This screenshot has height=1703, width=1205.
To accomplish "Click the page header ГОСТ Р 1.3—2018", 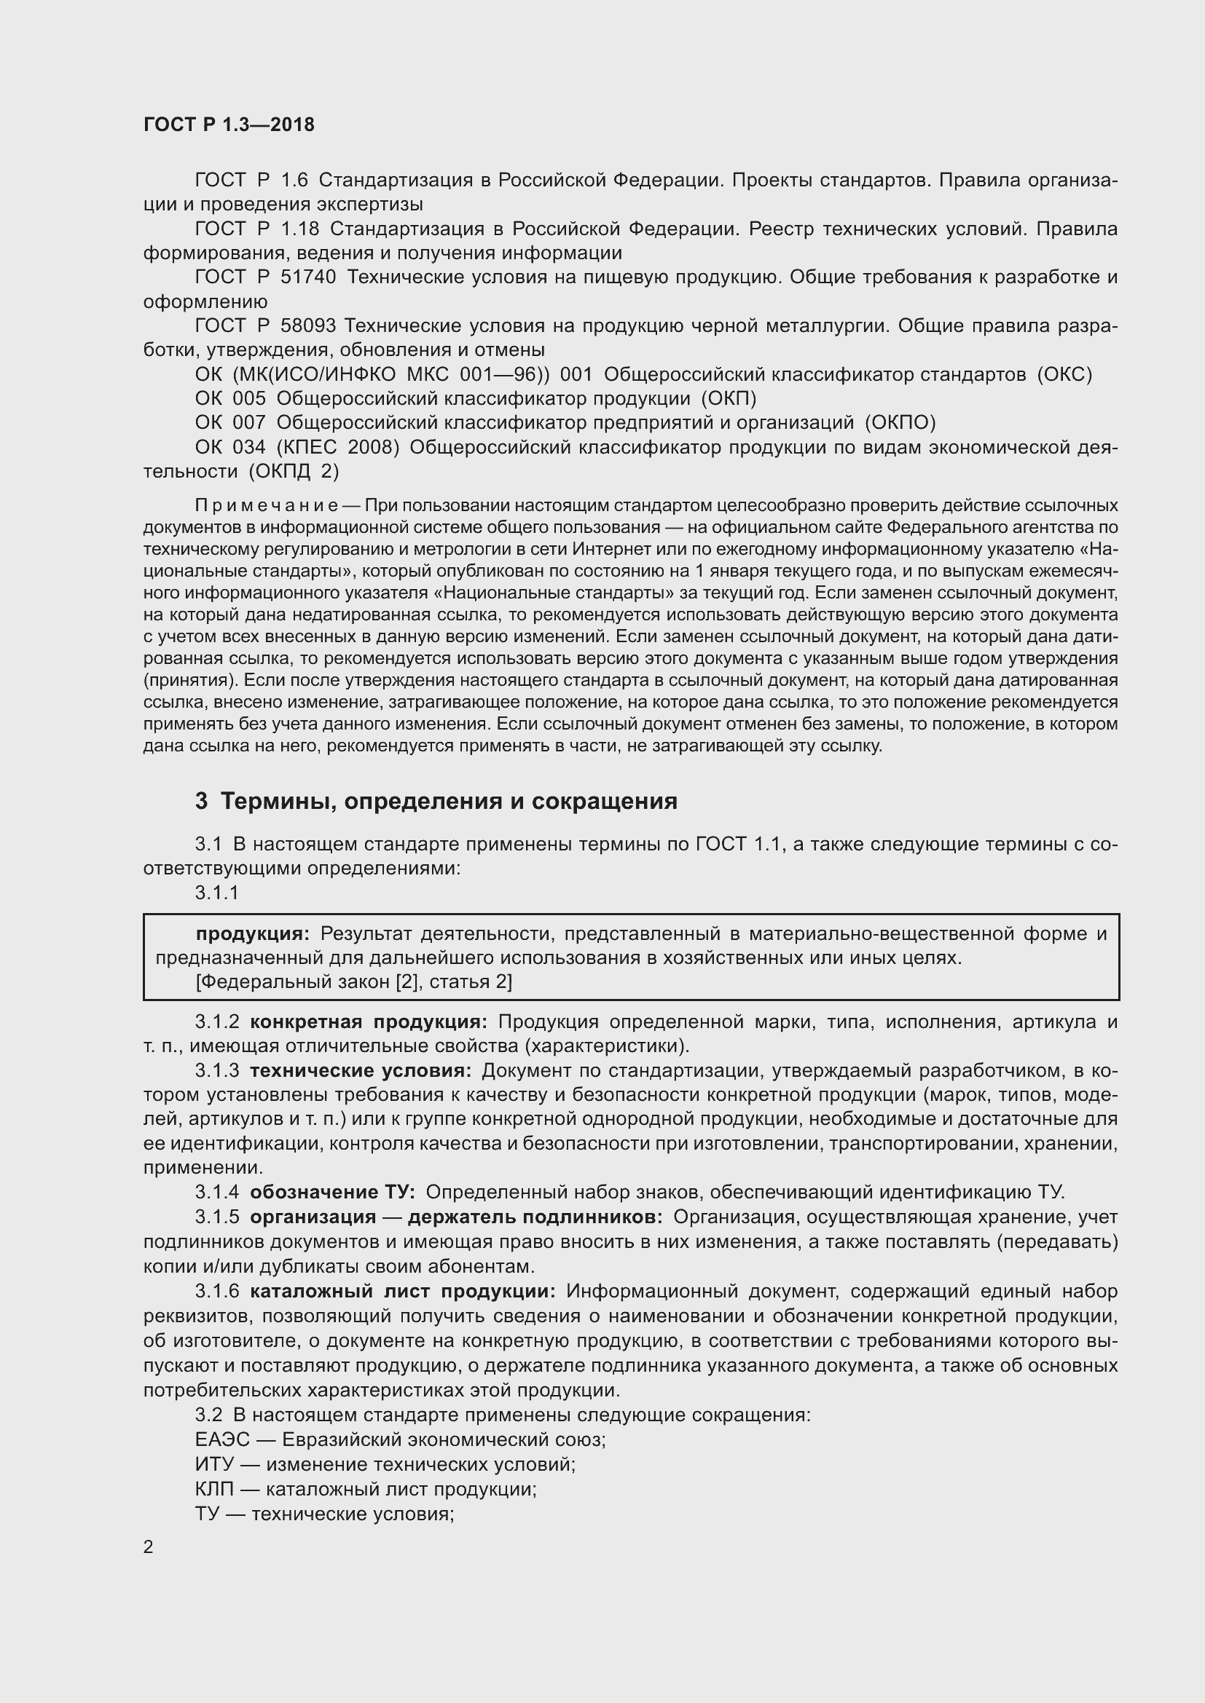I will (229, 125).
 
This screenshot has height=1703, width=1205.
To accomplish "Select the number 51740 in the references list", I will (308, 277).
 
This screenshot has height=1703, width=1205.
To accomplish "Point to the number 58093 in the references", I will (308, 325).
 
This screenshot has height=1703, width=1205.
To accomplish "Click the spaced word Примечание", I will (267, 506).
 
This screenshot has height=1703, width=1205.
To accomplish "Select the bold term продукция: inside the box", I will (252, 934).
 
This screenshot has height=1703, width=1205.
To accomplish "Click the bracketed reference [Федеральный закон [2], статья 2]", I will (354, 982).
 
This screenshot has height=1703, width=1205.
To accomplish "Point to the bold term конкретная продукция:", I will (369, 1022).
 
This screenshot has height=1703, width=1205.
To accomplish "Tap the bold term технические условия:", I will (361, 1070).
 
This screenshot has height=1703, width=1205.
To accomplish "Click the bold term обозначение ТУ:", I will (332, 1192).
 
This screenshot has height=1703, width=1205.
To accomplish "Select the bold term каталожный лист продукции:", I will (403, 1292).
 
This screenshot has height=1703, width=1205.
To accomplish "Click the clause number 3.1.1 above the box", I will (216, 893).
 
